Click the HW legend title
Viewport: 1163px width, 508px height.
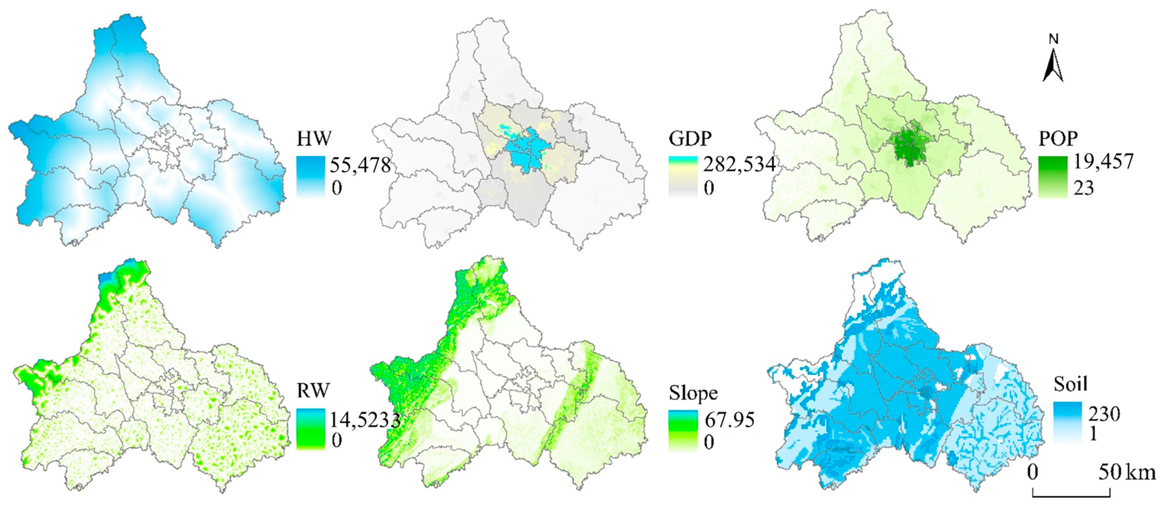(x=314, y=138)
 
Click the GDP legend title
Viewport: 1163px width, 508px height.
(x=690, y=138)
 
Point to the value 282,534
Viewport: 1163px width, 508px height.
(x=739, y=164)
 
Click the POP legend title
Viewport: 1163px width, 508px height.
(x=1058, y=138)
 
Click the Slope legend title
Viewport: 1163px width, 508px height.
(x=693, y=393)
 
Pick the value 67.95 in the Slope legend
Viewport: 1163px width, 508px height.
(x=730, y=420)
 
